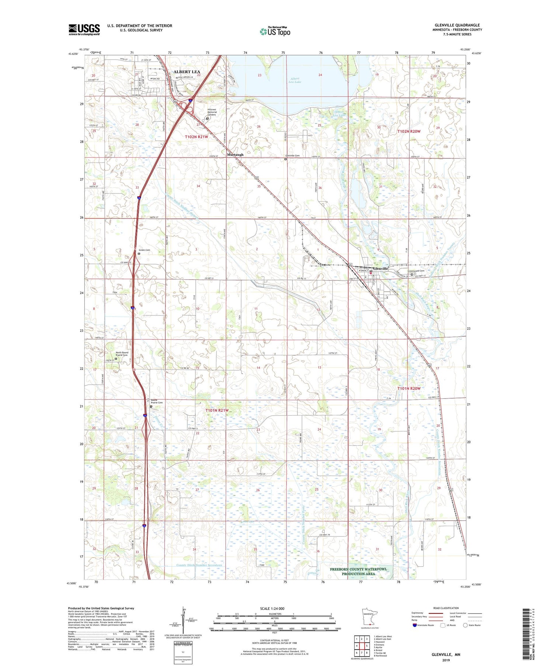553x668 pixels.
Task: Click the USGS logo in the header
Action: [x=84, y=29]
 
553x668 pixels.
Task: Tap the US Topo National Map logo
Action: [x=275, y=31]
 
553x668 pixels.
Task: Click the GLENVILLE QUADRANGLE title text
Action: [x=457, y=25]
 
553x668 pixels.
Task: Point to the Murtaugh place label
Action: [x=235, y=155]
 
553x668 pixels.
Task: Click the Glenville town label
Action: [x=380, y=269]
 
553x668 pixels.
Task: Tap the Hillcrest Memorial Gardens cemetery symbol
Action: [x=207, y=119]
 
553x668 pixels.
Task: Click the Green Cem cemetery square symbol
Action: [x=139, y=253]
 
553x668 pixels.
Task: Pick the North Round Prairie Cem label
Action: [x=122, y=354]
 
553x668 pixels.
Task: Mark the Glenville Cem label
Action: [x=292, y=156]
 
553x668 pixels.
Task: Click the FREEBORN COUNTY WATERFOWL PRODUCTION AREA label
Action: [x=358, y=571]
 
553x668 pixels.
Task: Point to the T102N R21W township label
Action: [x=196, y=137]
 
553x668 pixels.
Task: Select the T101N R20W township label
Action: [x=408, y=388]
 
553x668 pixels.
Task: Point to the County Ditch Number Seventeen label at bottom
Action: [x=199, y=565]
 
